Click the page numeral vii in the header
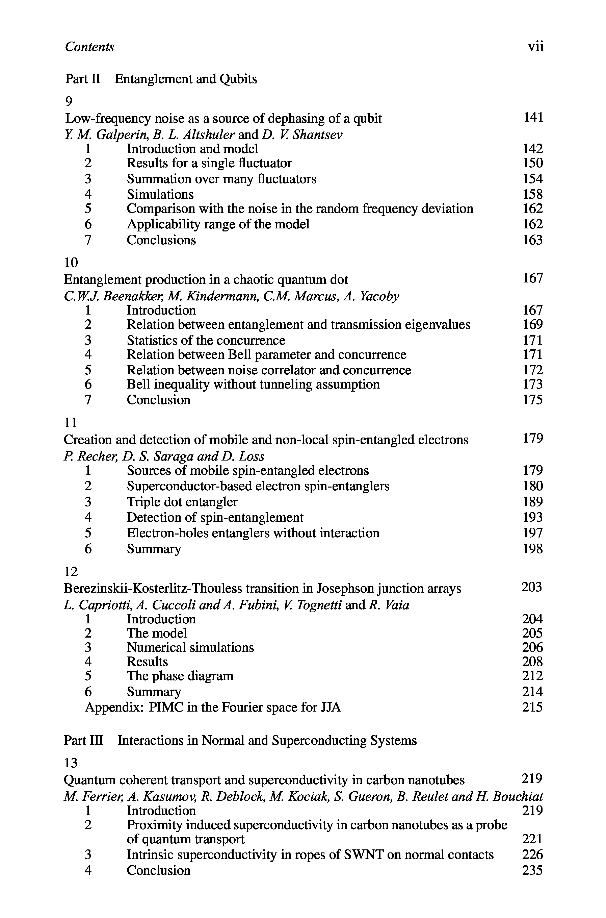point(536,47)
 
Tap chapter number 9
point(69,101)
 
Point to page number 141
point(533,117)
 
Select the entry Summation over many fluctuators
point(221,179)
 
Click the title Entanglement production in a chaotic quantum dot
point(206,279)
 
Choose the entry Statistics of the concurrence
point(206,340)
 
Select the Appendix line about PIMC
point(213,707)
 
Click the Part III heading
point(240,740)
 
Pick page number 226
point(532,854)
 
